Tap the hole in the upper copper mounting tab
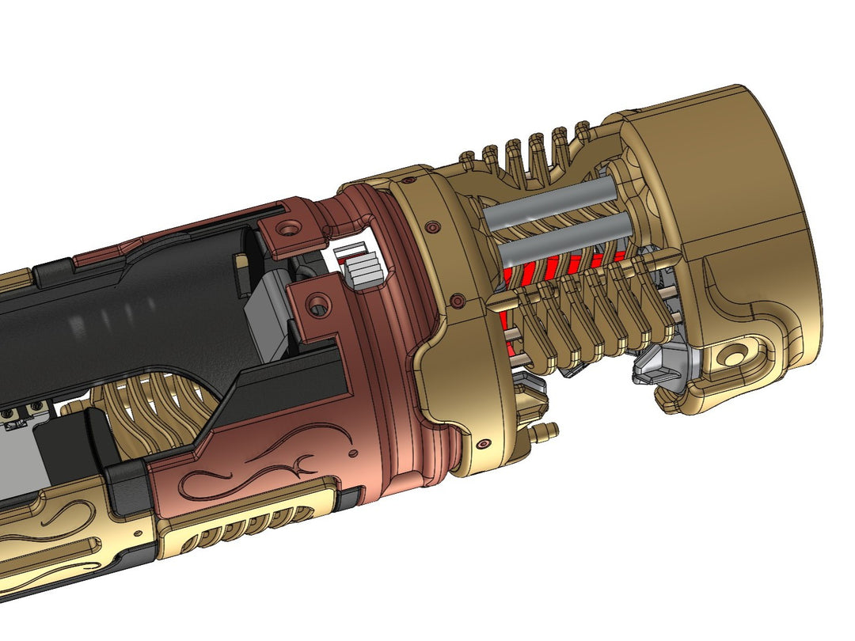(287, 228)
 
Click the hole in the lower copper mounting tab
(318, 302)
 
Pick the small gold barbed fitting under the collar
(545, 432)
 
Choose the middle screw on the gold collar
(456, 300)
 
